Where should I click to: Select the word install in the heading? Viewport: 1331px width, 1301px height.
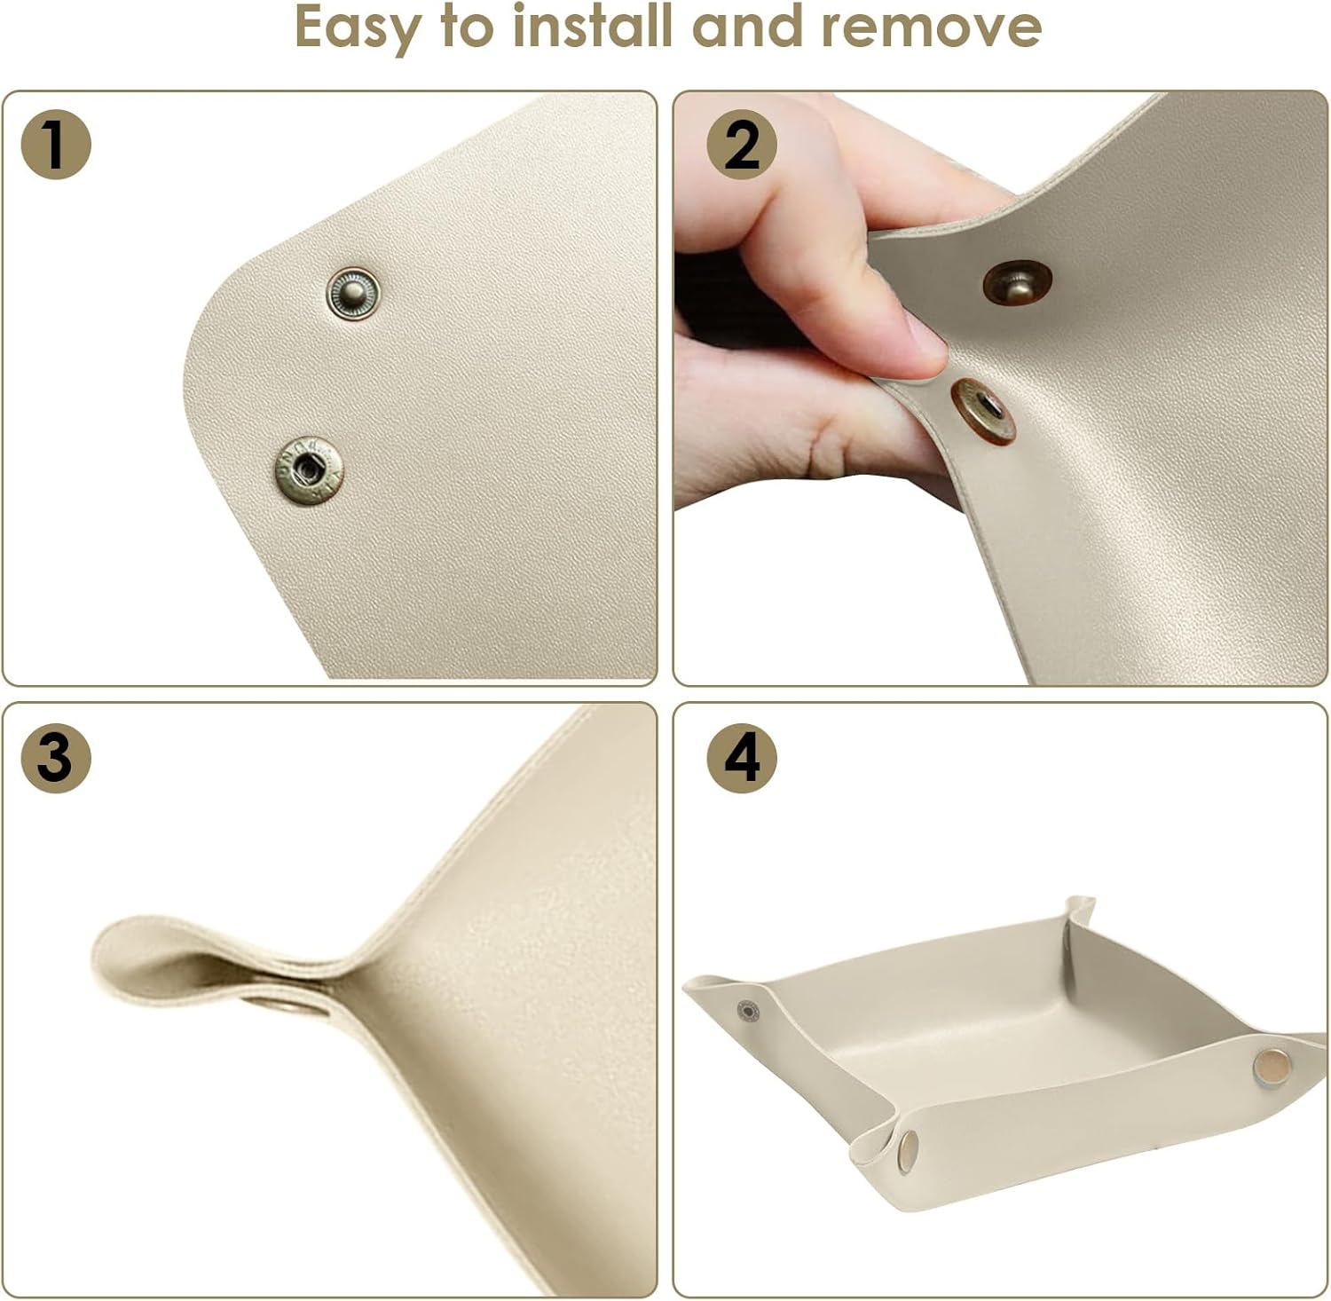tap(593, 26)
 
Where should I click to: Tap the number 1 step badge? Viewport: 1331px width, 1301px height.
tap(56, 144)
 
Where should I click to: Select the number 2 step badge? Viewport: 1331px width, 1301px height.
tap(742, 144)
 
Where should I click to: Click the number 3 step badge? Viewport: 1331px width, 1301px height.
tap(56, 758)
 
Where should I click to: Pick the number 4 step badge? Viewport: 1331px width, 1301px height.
tap(742, 758)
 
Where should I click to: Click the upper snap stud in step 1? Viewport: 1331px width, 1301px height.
tap(353, 293)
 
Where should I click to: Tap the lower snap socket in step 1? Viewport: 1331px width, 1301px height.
tap(308, 470)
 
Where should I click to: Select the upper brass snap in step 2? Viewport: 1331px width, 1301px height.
tap(1017, 283)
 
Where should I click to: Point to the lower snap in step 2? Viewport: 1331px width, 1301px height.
tap(983, 410)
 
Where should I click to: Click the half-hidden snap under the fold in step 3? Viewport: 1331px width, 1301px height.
tap(280, 1005)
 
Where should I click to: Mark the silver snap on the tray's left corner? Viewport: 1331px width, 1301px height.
tap(749, 1011)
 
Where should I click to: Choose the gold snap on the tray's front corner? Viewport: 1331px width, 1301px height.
tap(908, 1153)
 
